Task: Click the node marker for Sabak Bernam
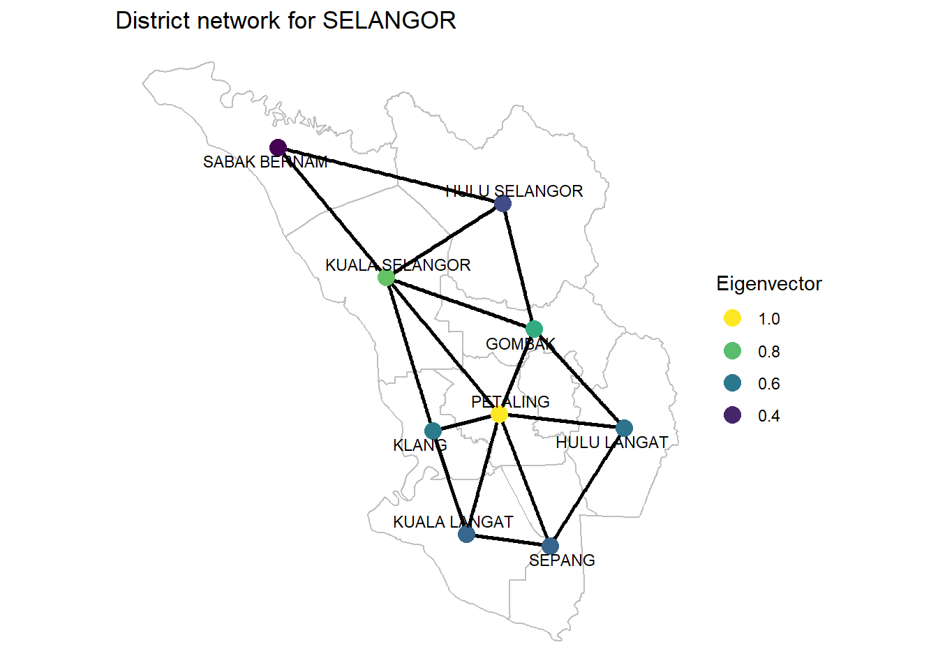click(278, 147)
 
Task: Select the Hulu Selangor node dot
click(502, 203)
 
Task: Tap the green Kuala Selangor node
click(386, 278)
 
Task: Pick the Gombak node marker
click(534, 329)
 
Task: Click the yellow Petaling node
click(499, 415)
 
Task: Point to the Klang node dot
click(433, 431)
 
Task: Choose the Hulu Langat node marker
click(624, 428)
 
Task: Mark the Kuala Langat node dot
click(466, 534)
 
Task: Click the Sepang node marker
click(550, 546)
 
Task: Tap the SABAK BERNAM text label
click(265, 163)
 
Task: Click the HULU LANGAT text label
click(611, 442)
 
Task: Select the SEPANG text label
click(562, 560)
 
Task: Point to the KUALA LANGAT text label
click(453, 522)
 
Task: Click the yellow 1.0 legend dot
click(732, 318)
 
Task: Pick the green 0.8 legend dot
click(732, 351)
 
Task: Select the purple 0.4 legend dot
click(732, 415)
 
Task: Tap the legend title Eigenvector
click(768, 284)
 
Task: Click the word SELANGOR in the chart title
click(389, 21)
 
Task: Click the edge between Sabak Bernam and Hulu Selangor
click(390, 175)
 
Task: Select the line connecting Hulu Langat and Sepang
click(587, 486)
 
